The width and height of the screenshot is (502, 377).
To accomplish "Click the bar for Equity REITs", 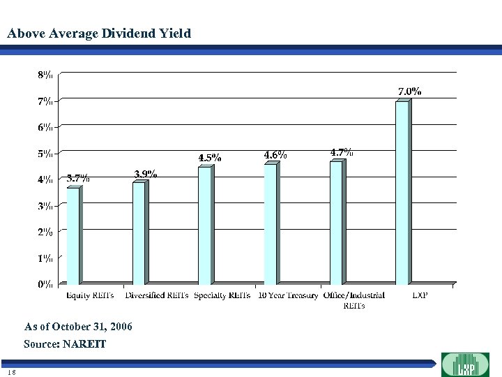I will (73, 235).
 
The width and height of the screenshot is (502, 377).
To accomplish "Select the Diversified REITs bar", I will (139, 232).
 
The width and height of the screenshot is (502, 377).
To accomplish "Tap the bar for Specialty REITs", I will (204, 225).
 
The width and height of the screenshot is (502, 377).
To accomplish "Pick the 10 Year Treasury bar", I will (271, 223).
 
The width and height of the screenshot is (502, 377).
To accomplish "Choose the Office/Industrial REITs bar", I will (336, 222).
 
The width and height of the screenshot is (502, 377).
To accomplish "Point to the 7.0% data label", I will (409, 91).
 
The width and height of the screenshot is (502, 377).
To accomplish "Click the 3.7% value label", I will (77, 178).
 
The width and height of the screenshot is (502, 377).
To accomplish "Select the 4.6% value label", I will (275, 154).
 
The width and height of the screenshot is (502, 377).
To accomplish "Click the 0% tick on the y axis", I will (43, 284).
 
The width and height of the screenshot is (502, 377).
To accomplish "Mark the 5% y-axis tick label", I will (43, 153).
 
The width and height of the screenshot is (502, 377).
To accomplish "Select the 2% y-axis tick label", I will (43, 232).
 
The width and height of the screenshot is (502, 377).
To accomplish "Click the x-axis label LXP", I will (420, 295).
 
